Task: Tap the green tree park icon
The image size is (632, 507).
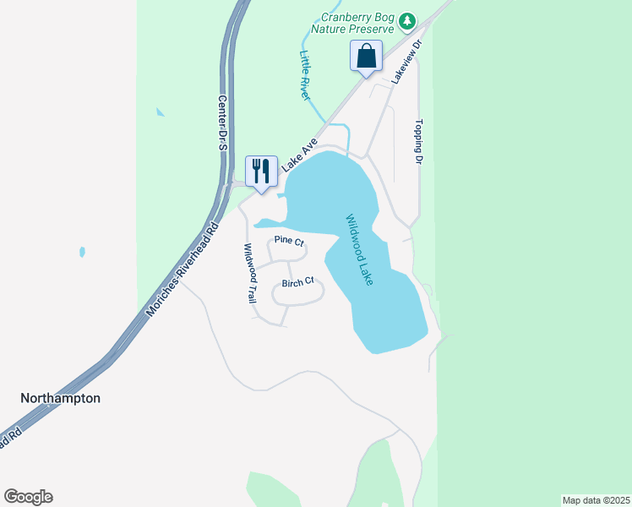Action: point(408,19)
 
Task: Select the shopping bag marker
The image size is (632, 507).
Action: point(366,57)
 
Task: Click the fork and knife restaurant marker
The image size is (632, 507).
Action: point(260,172)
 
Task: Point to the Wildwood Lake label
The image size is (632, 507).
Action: point(359,249)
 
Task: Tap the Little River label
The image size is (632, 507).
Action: point(305,75)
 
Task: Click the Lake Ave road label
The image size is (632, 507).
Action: point(299,155)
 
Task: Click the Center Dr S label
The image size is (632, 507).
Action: point(223,122)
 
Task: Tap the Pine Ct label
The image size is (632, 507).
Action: point(287,242)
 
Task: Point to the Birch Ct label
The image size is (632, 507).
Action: point(297,281)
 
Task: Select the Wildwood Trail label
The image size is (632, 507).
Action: point(250,274)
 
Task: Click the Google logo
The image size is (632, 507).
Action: point(28,497)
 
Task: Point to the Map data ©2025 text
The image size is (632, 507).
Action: point(595,499)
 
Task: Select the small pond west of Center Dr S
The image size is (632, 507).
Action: point(160,111)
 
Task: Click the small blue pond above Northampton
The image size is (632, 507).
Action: point(81,252)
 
